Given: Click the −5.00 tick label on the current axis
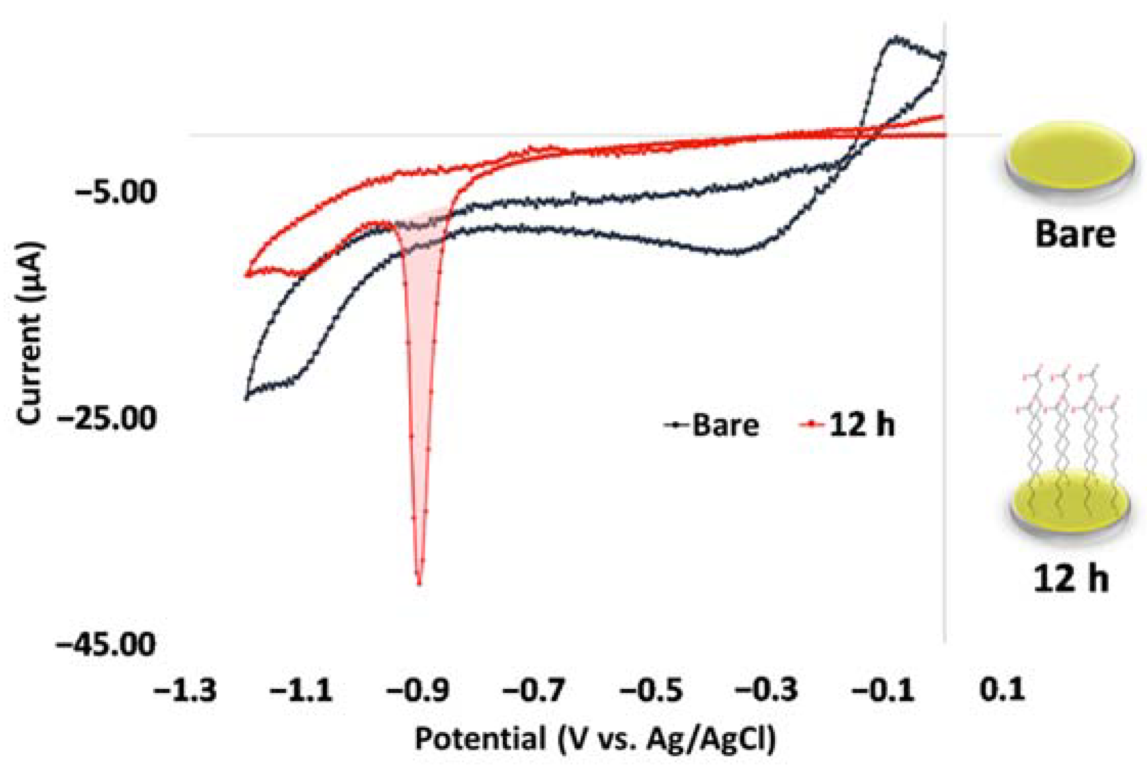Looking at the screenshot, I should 116,193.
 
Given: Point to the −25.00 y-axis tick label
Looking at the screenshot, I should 107,418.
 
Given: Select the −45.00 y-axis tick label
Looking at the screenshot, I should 106,644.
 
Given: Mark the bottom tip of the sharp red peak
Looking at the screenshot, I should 419,583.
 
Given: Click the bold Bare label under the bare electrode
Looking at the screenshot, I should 1075,234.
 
